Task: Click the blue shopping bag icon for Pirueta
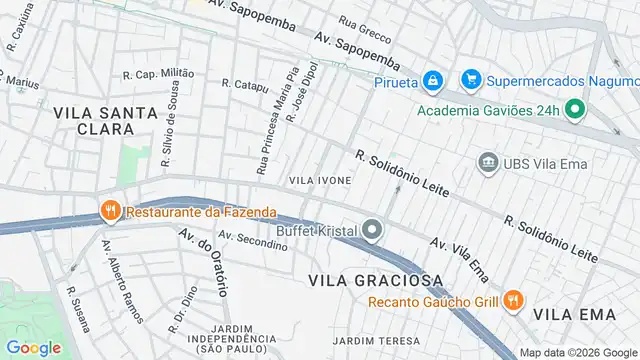(x=431, y=79)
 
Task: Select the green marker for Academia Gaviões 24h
(x=575, y=109)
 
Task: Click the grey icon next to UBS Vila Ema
(x=488, y=162)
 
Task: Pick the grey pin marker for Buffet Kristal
(x=372, y=232)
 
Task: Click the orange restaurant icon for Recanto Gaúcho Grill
(x=513, y=299)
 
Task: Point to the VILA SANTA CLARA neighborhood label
(x=94, y=121)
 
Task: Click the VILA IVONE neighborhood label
(x=320, y=180)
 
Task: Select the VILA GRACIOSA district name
(x=369, y=280)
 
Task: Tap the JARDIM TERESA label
(x=377, y=341)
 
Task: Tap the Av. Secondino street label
(x=246, y=241)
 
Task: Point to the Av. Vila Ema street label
(x=460, y=257)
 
